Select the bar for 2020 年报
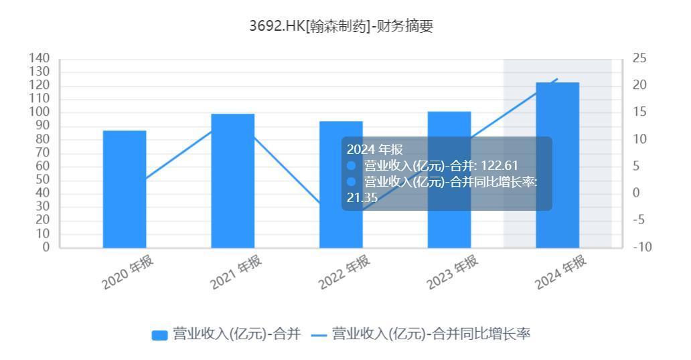(125, 189)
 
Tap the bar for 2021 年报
(232, 181)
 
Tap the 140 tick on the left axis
(40, 58)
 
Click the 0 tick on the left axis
(46, 247)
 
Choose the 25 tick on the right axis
(639, 58)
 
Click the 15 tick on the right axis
(639, 112)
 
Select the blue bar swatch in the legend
(159, 335)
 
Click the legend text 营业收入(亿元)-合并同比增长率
(432, 334)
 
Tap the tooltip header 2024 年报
(375, 149)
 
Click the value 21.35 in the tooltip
(362, 197)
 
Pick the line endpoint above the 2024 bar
(557, 78)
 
